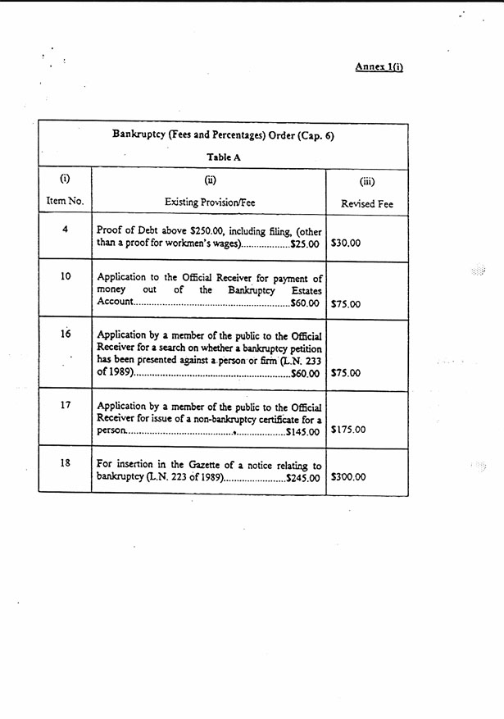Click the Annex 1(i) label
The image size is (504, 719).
click(379, 66)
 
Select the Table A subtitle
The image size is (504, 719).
click(223, 157)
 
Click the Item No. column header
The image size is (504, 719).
click(65, 201)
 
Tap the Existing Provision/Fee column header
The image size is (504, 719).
click(210, 202)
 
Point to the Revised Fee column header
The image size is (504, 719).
click(367, 204)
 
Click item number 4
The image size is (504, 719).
click(65, 229)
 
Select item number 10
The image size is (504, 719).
click(66, 276)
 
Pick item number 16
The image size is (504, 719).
click(66, 334)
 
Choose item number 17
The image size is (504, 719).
click(66, 404)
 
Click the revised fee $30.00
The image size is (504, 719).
click(346, 243)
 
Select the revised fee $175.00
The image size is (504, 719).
click(348, 429)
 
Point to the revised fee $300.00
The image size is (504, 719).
click(348, 476)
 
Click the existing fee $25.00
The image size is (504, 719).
click(304, 244)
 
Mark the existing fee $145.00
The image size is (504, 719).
click(302, 430)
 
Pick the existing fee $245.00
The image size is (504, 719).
click(302, 477)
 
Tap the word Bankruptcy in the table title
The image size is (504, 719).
click(139, 136)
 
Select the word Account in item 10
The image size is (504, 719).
click(115, 303)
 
